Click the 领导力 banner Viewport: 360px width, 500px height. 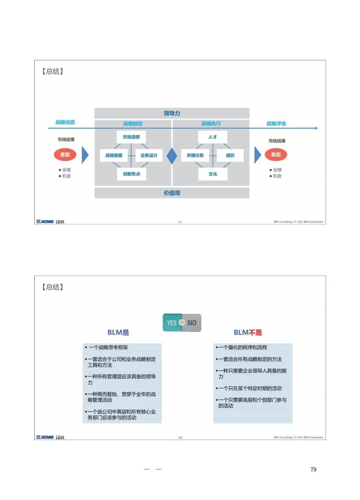[172, 113]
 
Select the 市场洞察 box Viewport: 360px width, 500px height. [131, 137]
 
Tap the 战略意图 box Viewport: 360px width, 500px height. [114, 155]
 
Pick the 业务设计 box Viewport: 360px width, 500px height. [149, 155]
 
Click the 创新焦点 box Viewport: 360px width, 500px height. [132, 174]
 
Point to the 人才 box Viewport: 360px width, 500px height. [213, 137]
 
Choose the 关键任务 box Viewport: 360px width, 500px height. [195, 155]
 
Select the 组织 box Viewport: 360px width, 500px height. [230, 155]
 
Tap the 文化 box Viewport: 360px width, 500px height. [213, 174]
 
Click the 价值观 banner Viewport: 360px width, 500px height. [172, 193]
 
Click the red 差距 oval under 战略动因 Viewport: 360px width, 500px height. [65, 155]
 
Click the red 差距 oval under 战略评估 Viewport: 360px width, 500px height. [276, 155]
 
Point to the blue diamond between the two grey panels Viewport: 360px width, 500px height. [172, 156]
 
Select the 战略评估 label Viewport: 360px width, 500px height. [276, 124]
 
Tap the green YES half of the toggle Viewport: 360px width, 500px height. [172, 323]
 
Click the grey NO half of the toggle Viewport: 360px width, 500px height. [192, 323]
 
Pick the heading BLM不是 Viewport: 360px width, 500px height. [248, 333]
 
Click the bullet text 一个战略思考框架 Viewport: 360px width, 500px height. [108, 348]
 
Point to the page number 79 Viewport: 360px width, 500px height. [313, 470]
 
